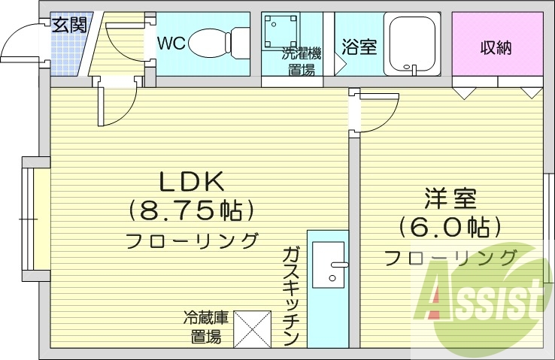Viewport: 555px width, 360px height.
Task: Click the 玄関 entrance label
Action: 69,24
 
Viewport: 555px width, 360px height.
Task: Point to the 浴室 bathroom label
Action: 359,47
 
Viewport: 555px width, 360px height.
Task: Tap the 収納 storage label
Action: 496,47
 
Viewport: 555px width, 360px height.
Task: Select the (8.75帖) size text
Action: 190,210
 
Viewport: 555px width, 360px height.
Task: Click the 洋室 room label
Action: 450,198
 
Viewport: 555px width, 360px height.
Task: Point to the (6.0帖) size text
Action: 450,226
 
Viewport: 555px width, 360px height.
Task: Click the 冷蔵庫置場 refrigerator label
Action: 203,328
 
